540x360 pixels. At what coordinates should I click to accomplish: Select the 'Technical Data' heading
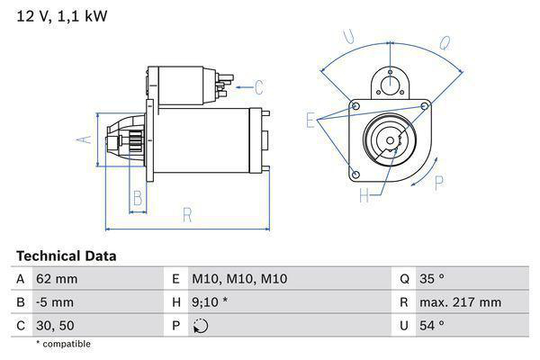pyautogui.click(x=66, y=256)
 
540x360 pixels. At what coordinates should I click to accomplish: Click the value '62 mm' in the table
pyautogui.click(x=56, y=279)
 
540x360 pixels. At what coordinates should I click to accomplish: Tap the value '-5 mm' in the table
pyautogui.click(x=55, y=302)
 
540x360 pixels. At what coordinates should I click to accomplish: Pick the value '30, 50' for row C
pyautogui.click(x=56, y=325)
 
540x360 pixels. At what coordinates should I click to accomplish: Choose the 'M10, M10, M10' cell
pyautogui.click(x=239, y=279)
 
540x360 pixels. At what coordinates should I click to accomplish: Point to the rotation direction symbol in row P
pyautogui.click(x=200, y=326)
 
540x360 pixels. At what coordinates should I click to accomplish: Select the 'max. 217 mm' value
pyautogui.click(x=460, y=302)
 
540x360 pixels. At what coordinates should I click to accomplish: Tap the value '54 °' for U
pyautogui.click(x=432, y=325)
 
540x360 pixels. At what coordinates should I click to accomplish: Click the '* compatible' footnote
pyautogui.click(x=63, y=344)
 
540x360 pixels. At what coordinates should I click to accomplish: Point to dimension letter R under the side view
pyautogui.click(x=187, y=214)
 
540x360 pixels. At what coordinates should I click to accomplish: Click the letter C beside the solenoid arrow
pyautogui.click(x=258, y=87)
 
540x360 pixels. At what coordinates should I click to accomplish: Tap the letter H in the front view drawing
pyautogui.click(x=364, y=195)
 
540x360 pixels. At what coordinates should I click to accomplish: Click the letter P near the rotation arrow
pyautogui.click(x=438, y=183)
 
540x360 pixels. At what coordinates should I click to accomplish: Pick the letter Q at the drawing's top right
pyautogui.click(x=444, y=41)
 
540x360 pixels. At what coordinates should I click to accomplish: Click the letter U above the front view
pyautogui.click(x=350, y=38)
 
